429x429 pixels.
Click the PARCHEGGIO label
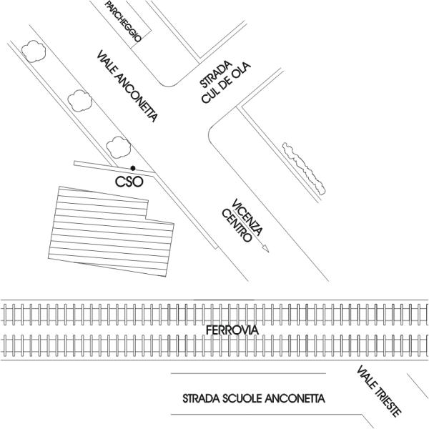click(123, 21)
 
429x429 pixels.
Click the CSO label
click(130, 182)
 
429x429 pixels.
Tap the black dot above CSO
click(133, 168)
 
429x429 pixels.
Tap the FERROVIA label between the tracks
click(227, 330)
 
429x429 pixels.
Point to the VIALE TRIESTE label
click(380, 391)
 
